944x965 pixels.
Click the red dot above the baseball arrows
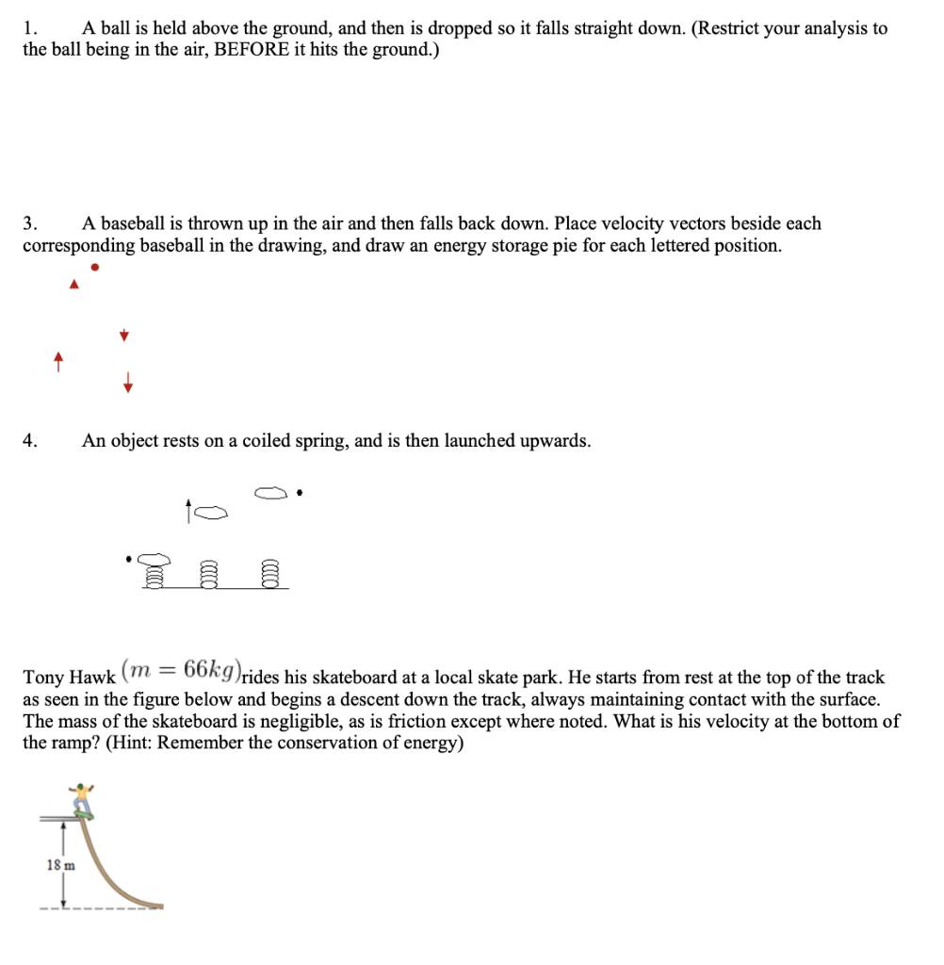[x=94, y=267]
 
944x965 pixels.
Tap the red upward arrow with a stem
[x=58, y=361]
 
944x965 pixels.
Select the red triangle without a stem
[x=73, y=285]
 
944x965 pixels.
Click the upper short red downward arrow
[x=123, y=335]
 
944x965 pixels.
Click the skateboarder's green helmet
[x=86, y=784]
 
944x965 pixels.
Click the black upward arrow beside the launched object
[x=189, y=512]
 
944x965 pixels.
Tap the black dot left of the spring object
[x=129, y=558]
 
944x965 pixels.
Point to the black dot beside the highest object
[x=299, y=492]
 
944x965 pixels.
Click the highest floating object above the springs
[x=269, y=493]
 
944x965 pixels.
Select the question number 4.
[x=30, y=441]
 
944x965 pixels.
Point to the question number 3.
[x=30, y=224]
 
